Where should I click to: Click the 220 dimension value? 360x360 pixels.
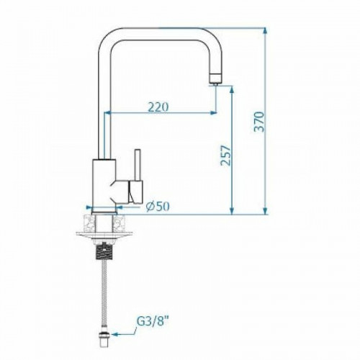(x=158, y=107)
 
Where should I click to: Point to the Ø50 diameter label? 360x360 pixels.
(x=157, y=207)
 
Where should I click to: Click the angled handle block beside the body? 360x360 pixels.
(x=133, y=191)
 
